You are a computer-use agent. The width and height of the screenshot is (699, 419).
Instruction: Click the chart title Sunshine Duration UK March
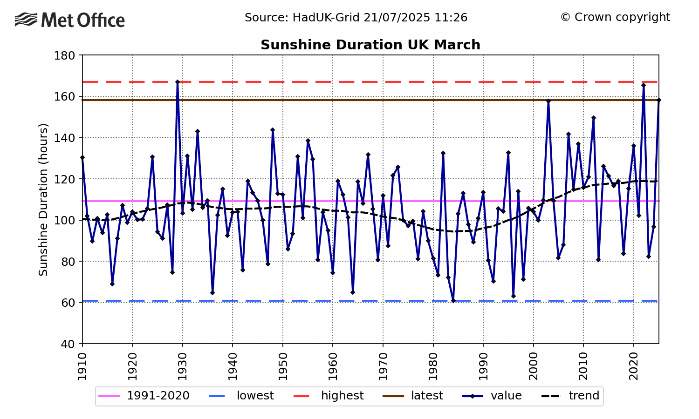tap(370, 45)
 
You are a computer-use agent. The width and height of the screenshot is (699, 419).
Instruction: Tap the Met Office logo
tap(70, 20)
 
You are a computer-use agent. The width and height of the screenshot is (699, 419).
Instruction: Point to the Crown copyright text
tap(615, 17)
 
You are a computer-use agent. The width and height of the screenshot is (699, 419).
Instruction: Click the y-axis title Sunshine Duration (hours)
tap(43, 199)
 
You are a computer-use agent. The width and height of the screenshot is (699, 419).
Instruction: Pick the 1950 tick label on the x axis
tap(282, 366)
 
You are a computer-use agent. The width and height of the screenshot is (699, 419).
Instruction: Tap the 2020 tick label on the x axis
tap(633, 366)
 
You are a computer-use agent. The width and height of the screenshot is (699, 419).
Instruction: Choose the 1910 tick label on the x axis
tap(82, 366)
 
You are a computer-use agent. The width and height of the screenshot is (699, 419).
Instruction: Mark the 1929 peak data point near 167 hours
tap(178, 82)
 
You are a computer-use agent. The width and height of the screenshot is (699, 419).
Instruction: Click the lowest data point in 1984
tap(453, 301)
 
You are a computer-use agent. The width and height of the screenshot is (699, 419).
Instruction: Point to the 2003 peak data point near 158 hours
tap(548, 101)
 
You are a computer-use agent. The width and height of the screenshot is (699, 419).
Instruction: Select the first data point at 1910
tap(82, 157)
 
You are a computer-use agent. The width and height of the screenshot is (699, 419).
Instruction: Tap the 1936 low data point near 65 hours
tap(212, 293)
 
